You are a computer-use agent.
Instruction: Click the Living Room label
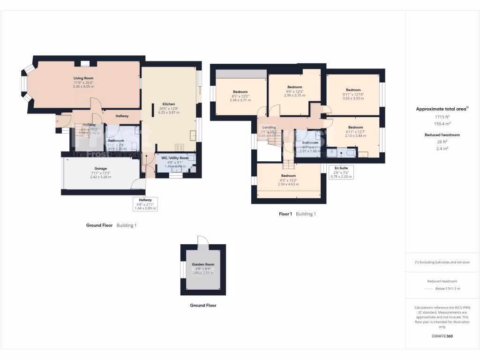pyautogui.click(x=83, y=78)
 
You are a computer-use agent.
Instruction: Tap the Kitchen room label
pyautogui.click(x=169, y=104)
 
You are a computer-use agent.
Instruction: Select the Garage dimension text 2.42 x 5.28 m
pyautogui.click(x=101, y=177)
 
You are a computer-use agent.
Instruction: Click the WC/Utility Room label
pyautogui.click(x=175, y=158)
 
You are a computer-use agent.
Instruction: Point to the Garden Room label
pyautogui.click(x=203, y=264)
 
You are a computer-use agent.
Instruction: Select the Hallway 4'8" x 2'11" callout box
pyautogui.click(x=145, y=204)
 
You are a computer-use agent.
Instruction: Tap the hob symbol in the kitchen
pyautogui.click(x=179, y=147)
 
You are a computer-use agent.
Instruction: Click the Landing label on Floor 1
pyautogui.click(x=269, y=127)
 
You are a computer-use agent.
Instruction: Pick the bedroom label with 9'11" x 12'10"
pyautogui.click(x=353, y=90)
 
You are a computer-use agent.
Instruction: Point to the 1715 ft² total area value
pyautogui.click(x=442, y=116)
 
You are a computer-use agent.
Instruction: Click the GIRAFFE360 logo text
pyautogui.click(x=442, y=336)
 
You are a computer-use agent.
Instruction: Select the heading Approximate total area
pyautogui.click(x=442, y=109)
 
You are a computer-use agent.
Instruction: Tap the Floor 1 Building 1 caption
pyautogui.click(x=297, y=214)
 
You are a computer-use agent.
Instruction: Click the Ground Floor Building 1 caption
pyautogui.click(x=111, y=225)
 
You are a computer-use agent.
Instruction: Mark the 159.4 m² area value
pyautogui.click(x=442, y=124)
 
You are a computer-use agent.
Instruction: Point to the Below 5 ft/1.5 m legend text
pyautogui.click(x=448, y=289)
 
